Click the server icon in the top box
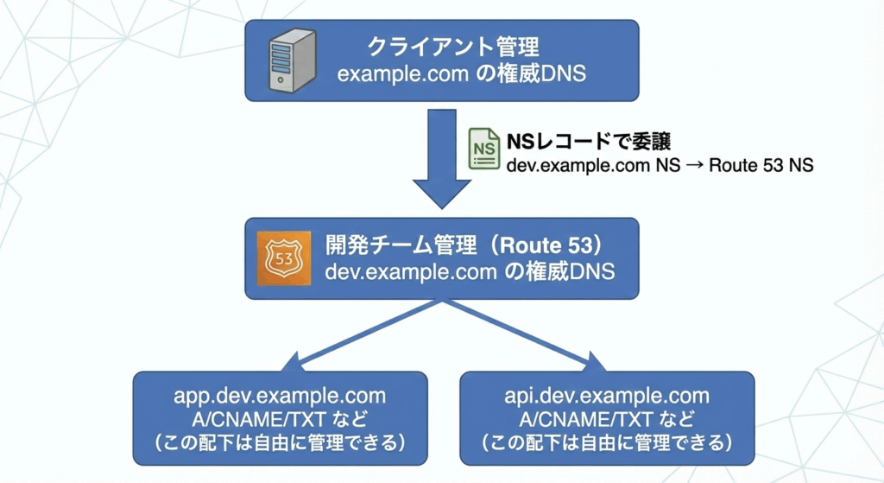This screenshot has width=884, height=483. [x=290, y=60]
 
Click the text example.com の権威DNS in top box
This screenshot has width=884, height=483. [x=462, y=73]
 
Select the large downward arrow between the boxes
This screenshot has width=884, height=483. [x=441, y=160]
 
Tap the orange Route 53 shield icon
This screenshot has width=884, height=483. [x=282, y=258]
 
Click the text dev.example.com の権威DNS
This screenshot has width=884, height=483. [x=470, y=271]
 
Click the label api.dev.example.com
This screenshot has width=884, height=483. [x=607, y=397]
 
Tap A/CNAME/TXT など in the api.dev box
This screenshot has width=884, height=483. [x=607, y=420]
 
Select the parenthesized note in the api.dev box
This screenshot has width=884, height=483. [x=607, y=443]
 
